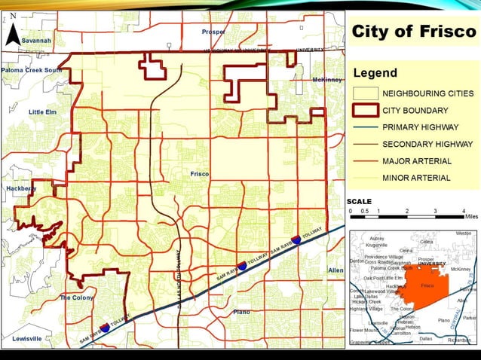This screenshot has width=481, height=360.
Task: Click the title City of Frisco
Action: tap(414, 32)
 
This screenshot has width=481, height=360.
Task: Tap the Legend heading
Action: tap(375, 73)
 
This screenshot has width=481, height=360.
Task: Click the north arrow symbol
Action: tap(13, 31)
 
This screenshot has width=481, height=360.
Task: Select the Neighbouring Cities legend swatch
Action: tap(366, 93)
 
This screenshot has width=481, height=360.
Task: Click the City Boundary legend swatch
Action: tap(366, 110)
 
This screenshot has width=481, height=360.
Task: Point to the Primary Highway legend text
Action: tap(417, 127)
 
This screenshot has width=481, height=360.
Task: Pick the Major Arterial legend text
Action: tap(417, 160)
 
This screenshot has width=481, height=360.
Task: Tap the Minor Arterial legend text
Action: tap(417, 178)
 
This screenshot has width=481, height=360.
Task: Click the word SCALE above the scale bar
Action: tap(360, 202)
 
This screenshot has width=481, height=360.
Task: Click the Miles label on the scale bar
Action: tap(471, 217)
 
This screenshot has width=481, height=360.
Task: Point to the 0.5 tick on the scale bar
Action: tap(364, 211)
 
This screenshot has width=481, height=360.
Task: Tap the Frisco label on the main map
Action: tap(200, 174)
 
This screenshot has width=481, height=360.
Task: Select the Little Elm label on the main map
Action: tap(42, 111)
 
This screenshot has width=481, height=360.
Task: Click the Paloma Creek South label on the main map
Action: tap(32, 70)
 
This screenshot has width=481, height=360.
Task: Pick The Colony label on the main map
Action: tap(76, 297)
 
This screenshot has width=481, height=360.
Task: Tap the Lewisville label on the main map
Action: tap(27, 339)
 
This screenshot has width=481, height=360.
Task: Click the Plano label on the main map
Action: tap(241, 311)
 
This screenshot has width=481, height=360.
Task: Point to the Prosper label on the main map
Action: tap(213, 32)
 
